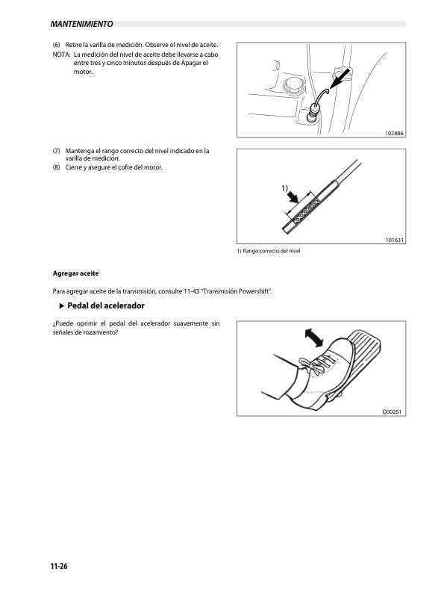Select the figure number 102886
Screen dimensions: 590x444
394,132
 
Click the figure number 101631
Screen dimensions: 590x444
394,240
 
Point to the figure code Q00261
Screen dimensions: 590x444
393,410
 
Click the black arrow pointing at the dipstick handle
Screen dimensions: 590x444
339,78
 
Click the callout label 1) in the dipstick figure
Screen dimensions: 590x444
285,187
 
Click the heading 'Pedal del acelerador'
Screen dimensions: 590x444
105,307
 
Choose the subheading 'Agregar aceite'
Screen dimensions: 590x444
75,273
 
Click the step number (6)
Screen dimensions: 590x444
57,46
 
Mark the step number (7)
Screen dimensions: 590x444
57,151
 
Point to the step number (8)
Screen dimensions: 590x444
57,167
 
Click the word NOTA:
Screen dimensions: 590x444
60,55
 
